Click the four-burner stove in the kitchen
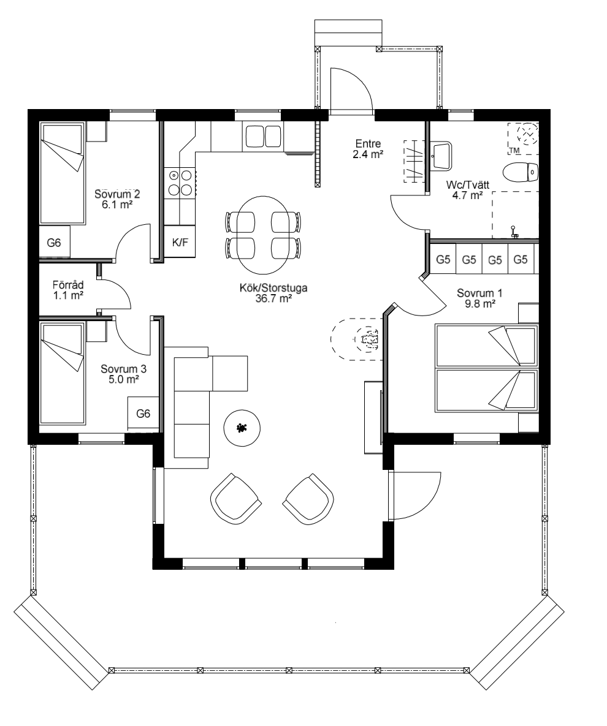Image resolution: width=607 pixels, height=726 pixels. click(178, 182)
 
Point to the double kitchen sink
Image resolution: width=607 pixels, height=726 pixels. click(263, 135)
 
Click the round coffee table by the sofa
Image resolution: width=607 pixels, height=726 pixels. click(243, 428)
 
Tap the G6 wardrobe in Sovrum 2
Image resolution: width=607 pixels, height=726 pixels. click(54, 243)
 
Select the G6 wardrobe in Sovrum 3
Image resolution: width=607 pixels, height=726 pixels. click(143, 414)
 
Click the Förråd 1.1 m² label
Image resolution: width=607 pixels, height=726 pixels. click(68, 290)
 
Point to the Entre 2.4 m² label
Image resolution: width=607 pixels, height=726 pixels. click(368, 149)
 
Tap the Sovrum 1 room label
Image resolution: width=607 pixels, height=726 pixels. click(476, 293)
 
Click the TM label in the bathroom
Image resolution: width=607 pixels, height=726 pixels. click(514, 151)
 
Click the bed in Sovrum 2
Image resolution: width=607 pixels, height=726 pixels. click(61, 173)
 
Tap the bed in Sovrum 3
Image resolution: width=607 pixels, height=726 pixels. click(61, 374)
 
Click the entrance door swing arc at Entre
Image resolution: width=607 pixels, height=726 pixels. click(352, 89)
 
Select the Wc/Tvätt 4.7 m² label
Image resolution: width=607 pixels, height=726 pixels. click(463, 189)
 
